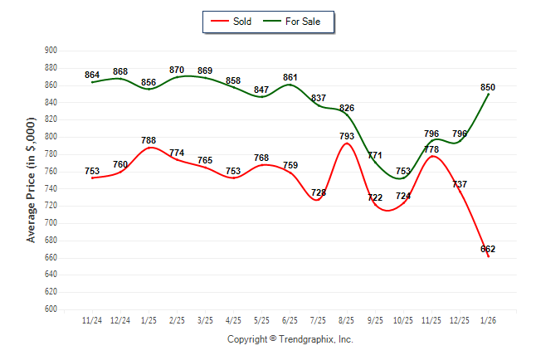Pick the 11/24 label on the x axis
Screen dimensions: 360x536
click(x=92, y=320)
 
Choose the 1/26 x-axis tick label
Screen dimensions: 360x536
click(x=488, y=320)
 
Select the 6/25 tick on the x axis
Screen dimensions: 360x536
click(x=290, y=320)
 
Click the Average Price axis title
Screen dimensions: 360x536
click(x=32, y=179)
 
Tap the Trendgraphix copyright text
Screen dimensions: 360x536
click(x=290, y=339)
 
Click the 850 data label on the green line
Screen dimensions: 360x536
click(x=488, y=87)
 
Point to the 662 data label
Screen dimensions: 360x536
click(x=488, y=249)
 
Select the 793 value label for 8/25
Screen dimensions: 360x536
click(x=347, y=136)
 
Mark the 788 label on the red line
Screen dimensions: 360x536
click(x=149, y=140)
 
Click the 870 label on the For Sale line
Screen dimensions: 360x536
click(x=177, y=70)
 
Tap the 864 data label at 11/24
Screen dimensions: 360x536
click(x=92, y=75)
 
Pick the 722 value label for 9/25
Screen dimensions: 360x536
click(x=375, y=197)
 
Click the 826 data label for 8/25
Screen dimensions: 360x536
click(x=347, y=108)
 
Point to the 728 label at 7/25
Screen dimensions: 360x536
click(x=319, y=192)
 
